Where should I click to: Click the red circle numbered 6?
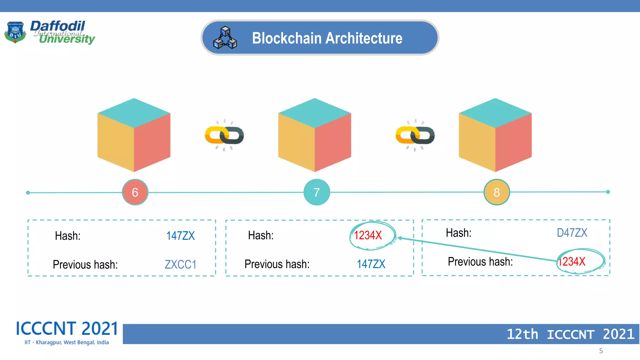135,192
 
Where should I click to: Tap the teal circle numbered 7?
317,192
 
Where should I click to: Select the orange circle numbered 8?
497,192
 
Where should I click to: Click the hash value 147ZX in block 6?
180,236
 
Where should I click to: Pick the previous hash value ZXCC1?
180,264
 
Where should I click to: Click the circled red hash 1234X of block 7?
368,235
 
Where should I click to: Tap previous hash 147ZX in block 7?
371,264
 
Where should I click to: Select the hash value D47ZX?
572,233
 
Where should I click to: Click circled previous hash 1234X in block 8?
572,262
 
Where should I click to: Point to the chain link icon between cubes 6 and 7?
224,135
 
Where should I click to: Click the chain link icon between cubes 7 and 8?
415,135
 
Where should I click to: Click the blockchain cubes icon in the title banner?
225,38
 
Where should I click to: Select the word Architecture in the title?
364,38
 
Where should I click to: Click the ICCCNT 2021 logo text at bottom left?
67,329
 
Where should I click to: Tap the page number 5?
601,351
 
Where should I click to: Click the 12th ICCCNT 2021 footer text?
570,334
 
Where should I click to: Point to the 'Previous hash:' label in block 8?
480,262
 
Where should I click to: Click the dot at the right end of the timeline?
608,192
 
